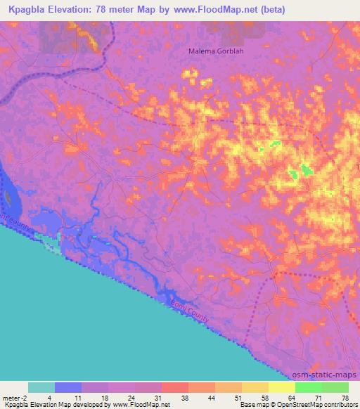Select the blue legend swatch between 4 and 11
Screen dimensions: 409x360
[x=67, y=387]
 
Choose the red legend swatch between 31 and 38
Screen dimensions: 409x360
[x=174, y=387]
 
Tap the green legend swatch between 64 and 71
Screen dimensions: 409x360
[x=308, y=387]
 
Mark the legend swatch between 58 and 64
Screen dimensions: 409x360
[x=281, y=387]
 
